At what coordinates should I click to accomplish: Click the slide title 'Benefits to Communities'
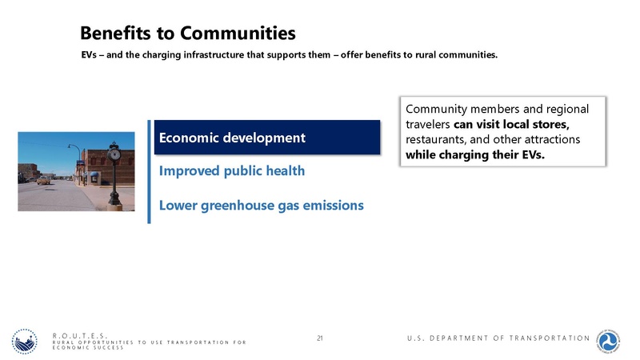tap(187, 33)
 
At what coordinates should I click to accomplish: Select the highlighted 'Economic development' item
tap(232, 138)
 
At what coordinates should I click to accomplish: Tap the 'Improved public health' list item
tap(232, 171)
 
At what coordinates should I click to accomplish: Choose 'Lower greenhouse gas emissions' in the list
tap(261, 206)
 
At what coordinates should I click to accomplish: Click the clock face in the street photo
tap(114, 151)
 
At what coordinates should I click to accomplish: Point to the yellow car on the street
tap(43, 181)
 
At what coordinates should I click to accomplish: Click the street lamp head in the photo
tap(70, 147)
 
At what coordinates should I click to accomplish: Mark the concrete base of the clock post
tap(115, 206)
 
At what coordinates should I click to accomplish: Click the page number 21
tap(320, 338)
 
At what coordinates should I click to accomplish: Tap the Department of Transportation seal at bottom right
tap(610, 342)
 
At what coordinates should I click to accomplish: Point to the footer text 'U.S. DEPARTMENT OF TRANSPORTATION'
tap(497, 338)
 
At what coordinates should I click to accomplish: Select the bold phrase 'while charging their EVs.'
tap(475, 154)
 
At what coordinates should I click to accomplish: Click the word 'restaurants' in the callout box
tap(438, 139)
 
